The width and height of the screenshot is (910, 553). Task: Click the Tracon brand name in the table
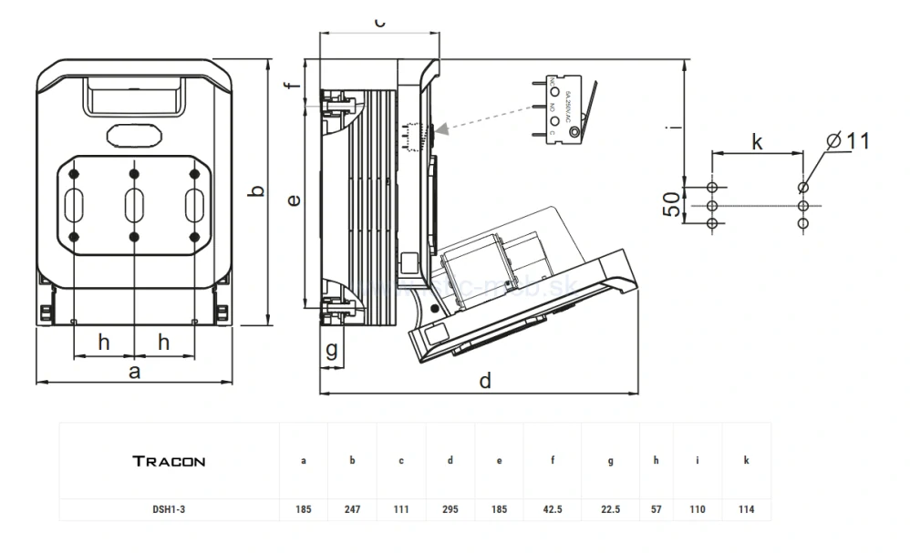pyautogui.click(x=169, y=461)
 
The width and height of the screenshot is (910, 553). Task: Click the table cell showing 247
pyautogui.click(x=352, y=509)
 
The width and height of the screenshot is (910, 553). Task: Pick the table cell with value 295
pyautogui.click(x=450, y=509)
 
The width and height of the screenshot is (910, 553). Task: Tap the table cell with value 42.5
pyautogui.click(x=553, y=509)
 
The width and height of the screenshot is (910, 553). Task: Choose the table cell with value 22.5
pyautogui.click(x=610, y=509)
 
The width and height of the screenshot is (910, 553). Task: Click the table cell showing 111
pyautogui.click(x=401, y=509)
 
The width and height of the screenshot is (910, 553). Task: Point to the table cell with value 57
pyautogui.click(x=656, y=509)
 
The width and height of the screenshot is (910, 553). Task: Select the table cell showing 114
pyautogui.click(x=746, y=509)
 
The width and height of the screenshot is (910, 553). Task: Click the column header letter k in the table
pyautogui.click(x=746, y=461)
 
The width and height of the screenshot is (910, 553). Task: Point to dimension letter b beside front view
pyautogui.click(x=257, y=191)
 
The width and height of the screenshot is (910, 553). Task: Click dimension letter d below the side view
pyautogui.click(x=485, y=381)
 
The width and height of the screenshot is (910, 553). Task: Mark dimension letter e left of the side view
pyautogui.click(x=293, y=200)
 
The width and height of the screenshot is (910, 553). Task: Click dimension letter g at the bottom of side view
pyautogui.click(x=332, y=349)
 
